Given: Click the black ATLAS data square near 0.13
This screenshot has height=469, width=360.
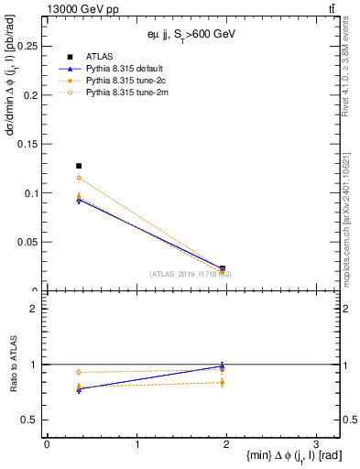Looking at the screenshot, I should click(x=79, y=166).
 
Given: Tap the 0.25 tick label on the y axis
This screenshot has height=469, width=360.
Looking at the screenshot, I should click(x=27, y=45).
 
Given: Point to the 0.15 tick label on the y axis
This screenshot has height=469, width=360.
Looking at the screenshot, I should click(x=27, y=144).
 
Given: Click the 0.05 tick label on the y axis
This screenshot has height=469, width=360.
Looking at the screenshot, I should click(x=27, y=242).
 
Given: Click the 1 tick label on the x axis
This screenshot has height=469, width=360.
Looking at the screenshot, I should click(x=136, y=444).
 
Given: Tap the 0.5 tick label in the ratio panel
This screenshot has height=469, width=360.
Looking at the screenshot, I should click(x=31, y=420).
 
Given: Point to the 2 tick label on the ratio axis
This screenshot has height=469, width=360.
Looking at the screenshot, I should click(x=35, y=309).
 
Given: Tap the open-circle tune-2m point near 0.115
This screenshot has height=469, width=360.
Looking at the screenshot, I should click(x=79, y=178).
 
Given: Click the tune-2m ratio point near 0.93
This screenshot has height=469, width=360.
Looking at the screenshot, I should click(x=79, y=372).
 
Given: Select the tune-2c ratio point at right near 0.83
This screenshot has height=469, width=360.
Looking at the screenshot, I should click(x=222, y=382).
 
